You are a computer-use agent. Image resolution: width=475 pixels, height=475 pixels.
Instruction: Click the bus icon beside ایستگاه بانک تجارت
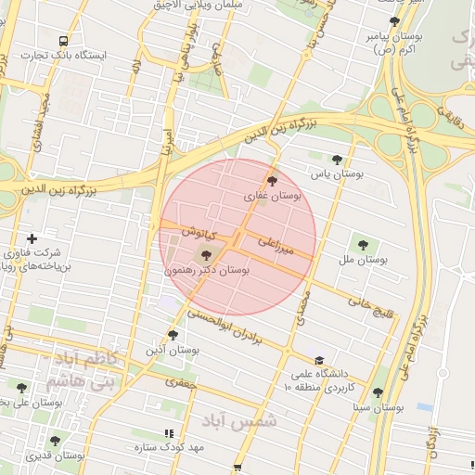63,41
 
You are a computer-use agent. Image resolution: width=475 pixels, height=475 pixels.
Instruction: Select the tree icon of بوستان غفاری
272,181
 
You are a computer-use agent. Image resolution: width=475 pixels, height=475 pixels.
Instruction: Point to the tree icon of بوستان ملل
361,246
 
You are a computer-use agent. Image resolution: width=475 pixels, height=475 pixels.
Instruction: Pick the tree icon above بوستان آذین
173,335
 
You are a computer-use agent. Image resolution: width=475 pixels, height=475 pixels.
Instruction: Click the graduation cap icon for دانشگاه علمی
320,360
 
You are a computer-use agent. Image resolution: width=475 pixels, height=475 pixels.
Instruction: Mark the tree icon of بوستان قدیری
55,441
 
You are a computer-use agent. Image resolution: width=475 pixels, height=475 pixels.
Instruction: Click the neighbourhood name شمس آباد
251,420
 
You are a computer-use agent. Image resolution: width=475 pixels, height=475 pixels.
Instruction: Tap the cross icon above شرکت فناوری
32,238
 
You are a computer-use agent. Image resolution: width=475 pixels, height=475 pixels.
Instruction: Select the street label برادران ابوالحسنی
236,330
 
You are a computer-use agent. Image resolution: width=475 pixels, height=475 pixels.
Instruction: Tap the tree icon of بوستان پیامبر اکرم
394,21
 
